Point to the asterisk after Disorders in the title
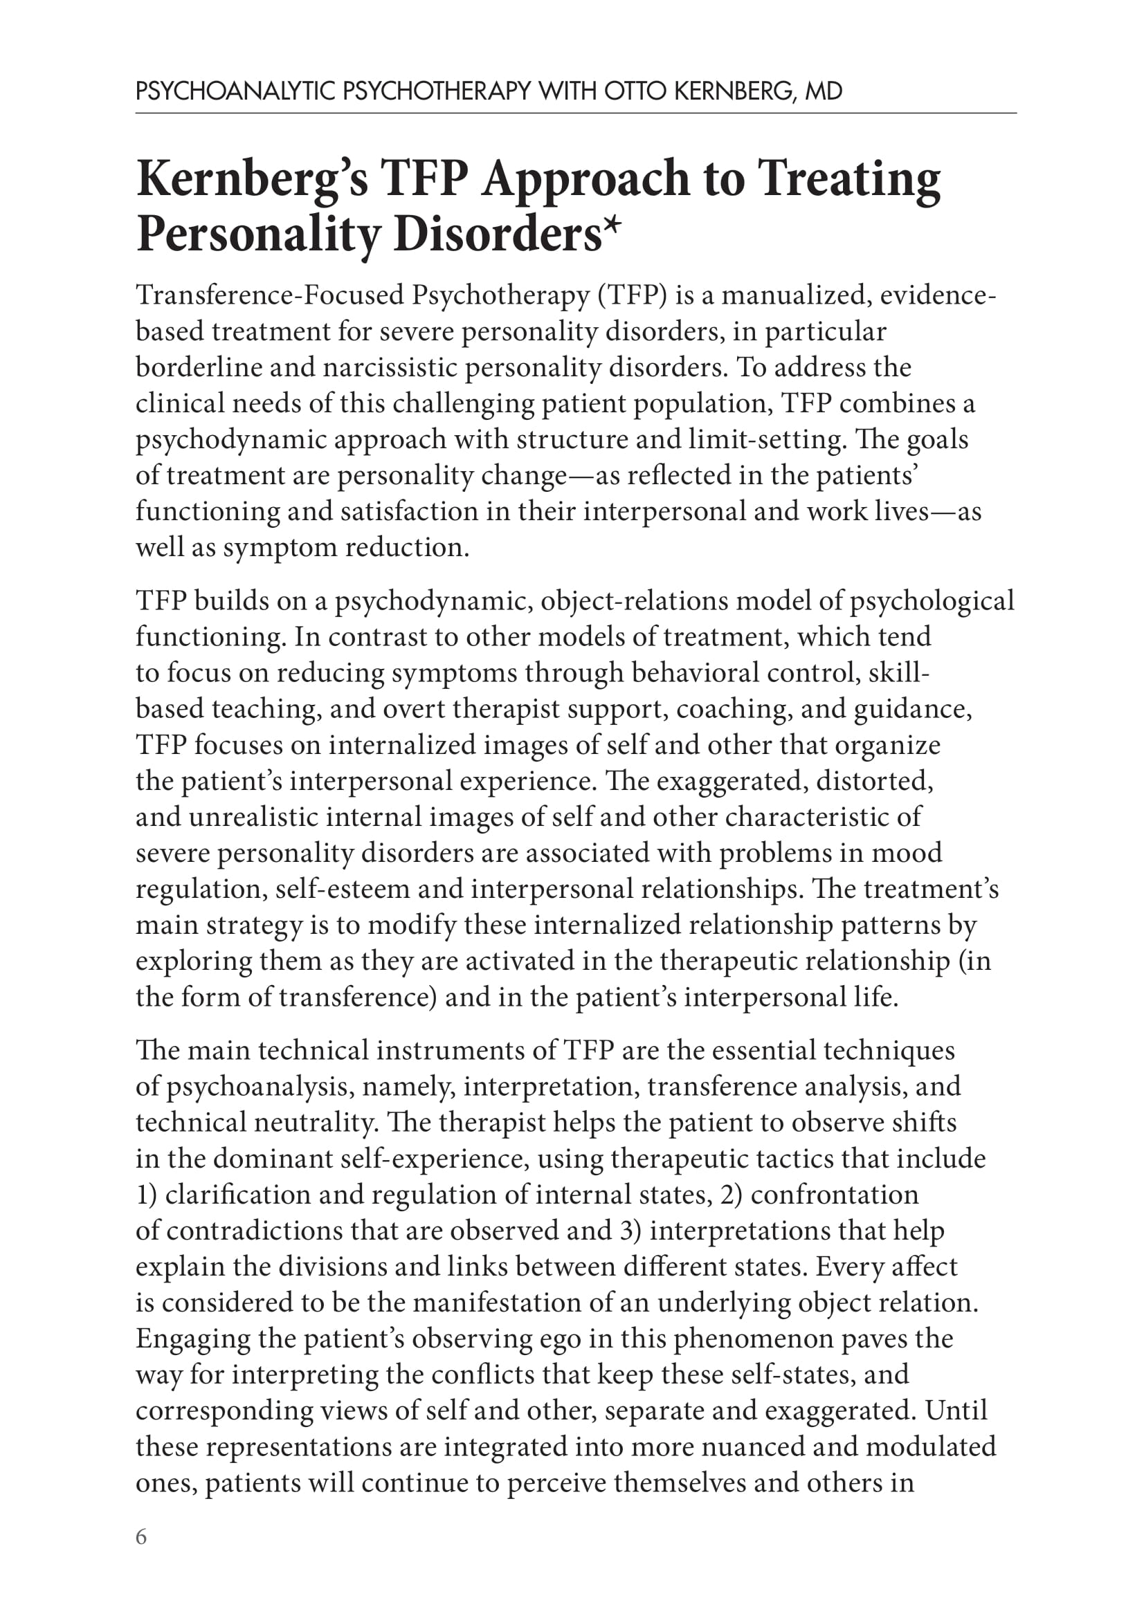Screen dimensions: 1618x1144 click(x=612, y=227)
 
